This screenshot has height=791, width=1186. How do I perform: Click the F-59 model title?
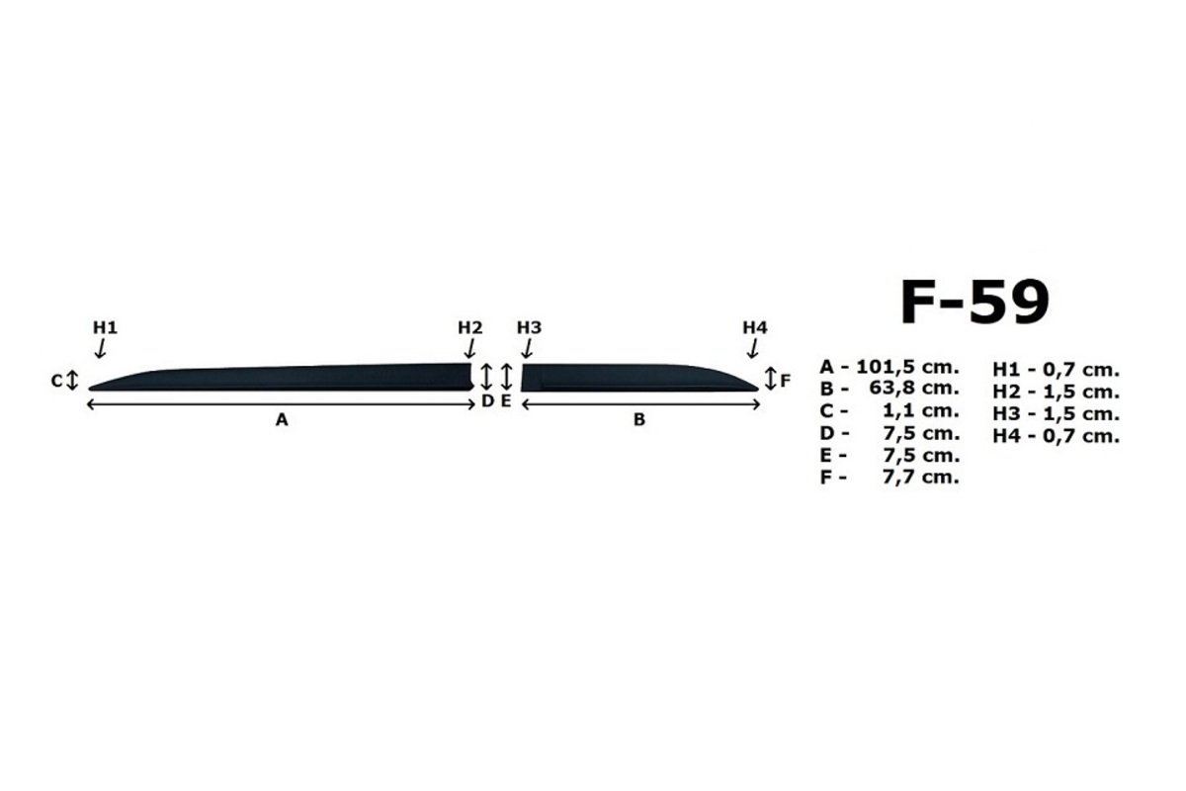click(x=974, y=302)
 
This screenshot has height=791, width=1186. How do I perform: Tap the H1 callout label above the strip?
click(x=106, y=328)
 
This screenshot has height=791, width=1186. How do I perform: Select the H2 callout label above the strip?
click(x=470, y=328)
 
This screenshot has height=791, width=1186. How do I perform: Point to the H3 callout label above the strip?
click(x=530, y=328)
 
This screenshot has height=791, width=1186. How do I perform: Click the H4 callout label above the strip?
click(x=755, y=328)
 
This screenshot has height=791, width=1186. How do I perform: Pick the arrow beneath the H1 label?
click(x=101, y=349)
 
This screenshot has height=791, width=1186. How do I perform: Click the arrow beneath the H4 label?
click(x=753, y=349)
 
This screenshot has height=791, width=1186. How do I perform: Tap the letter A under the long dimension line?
click(x=282, y=420)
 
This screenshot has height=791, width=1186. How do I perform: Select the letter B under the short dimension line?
click(x=639, y=420)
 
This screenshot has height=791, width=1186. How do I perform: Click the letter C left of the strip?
click(x=56, y=381)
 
